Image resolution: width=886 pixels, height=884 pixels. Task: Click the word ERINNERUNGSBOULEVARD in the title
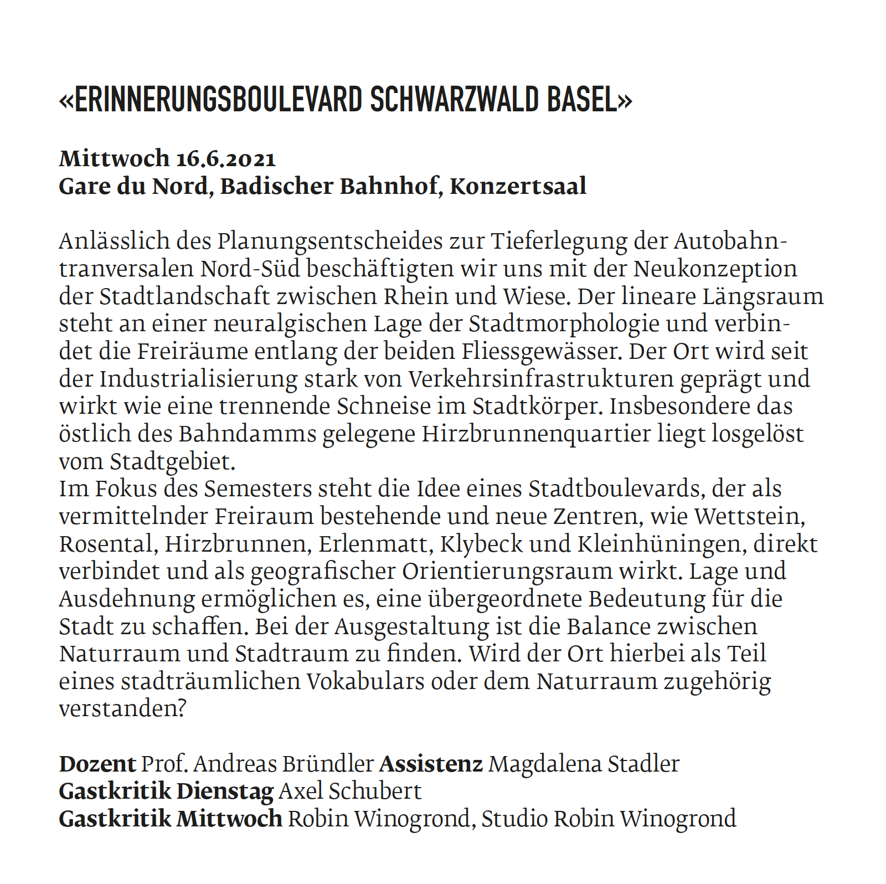(218, 100)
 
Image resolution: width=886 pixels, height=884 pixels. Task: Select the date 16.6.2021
(226, 159)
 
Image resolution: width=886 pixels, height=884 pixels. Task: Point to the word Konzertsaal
(518, 187)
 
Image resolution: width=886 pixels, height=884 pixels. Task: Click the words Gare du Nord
(133, 187)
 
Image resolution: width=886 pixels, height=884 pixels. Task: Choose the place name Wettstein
(749, 517)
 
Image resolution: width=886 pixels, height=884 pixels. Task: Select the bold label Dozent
(97, 764)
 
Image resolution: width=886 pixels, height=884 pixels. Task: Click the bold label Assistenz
(431, 764)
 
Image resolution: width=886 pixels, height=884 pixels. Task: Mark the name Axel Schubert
(350, 792)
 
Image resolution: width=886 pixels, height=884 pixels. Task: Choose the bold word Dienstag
(225, 792)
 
